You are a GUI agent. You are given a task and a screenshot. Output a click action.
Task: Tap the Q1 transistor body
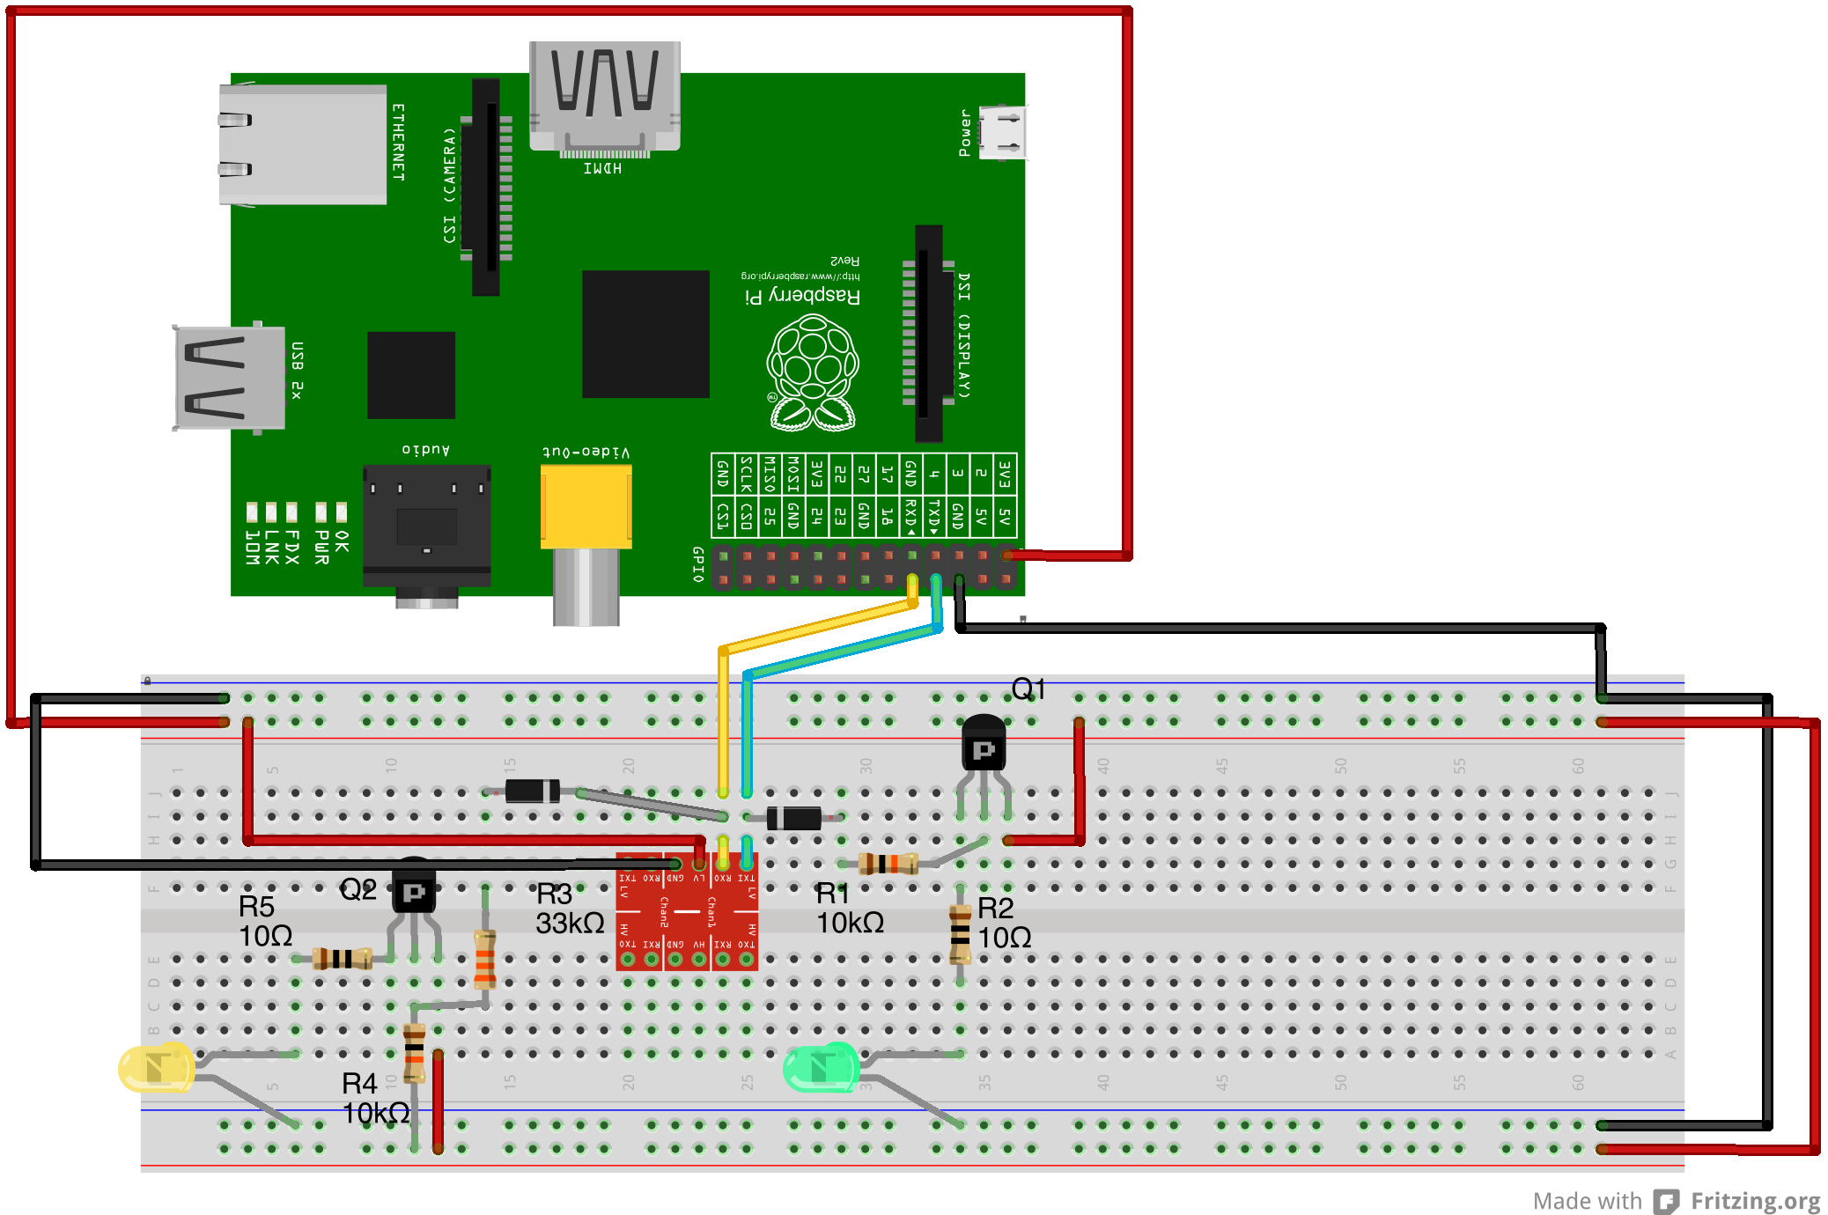point(984,744)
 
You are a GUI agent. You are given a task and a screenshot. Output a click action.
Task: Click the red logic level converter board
point(687,911)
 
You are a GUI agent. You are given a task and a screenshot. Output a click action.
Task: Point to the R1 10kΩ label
point(850,909)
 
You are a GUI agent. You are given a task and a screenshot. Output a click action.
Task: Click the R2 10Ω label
point(1004,923)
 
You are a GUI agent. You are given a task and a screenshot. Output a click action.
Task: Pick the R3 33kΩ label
point(570,909)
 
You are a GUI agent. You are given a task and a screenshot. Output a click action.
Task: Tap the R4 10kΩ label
point(375,1099)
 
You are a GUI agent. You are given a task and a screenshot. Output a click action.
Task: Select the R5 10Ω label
point(265,921)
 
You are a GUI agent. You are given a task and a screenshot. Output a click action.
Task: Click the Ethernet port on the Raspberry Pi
point(302,144)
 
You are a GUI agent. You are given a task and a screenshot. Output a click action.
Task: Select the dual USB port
point(230,378)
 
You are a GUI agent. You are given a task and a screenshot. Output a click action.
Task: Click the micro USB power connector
point(1002,132)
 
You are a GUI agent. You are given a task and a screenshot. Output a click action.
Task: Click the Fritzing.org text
point(1755,1201)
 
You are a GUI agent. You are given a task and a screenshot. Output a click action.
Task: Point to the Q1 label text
point(1028,689)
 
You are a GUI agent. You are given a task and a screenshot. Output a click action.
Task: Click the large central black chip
point(645,335)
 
